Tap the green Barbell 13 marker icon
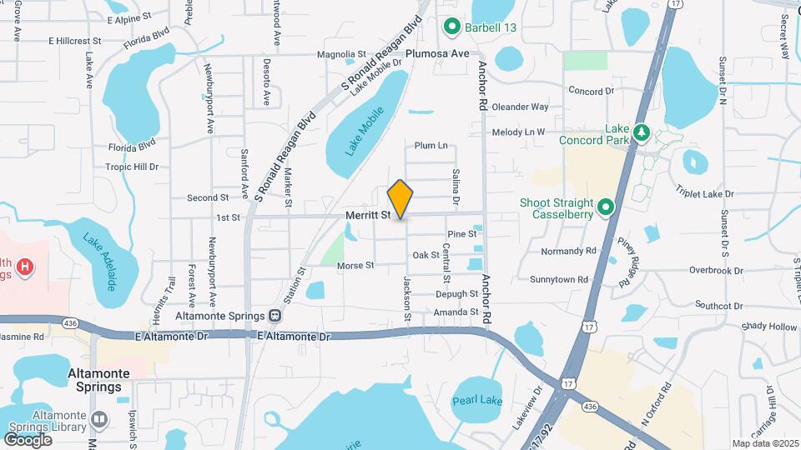click(x=452, y=27)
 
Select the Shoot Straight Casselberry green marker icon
click(x=607, y=206)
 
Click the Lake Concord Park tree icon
click(x=641, y=132)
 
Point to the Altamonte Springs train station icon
click(x=274, y=316)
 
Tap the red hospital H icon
click(x=26, y=267)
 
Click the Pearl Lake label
click(x=477, y=401)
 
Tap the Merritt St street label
click(x=368, y=215)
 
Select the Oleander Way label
click(x=520, y=107)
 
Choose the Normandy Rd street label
click(x=569, y=251)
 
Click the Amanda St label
click(x=456, y=312)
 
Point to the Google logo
click(x=28, y=439)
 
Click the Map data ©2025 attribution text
click(x=764, y=443)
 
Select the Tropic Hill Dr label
click(x=132, y=167)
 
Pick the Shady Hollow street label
click(x=769, y=327)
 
